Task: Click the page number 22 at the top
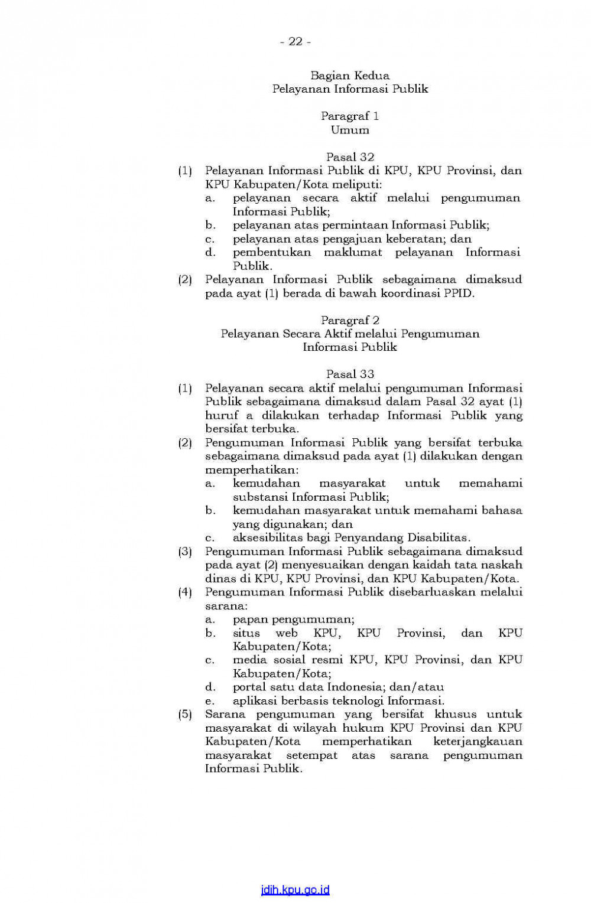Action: (x=295, y=41)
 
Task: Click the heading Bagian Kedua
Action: (x=350, y=76)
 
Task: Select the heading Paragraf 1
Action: (x=350, y=116)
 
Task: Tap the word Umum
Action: (x=350, y=130)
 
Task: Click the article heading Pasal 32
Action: (x=350, y=157)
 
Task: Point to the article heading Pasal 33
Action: (x=350, y=374)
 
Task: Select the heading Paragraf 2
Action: (x=350, y=320)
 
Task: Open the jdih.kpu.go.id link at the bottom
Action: (x=295, y=890)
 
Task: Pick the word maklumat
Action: (x=353, y=252)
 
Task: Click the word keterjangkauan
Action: (x=478, y=741)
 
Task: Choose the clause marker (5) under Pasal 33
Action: (x=186, y=715)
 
